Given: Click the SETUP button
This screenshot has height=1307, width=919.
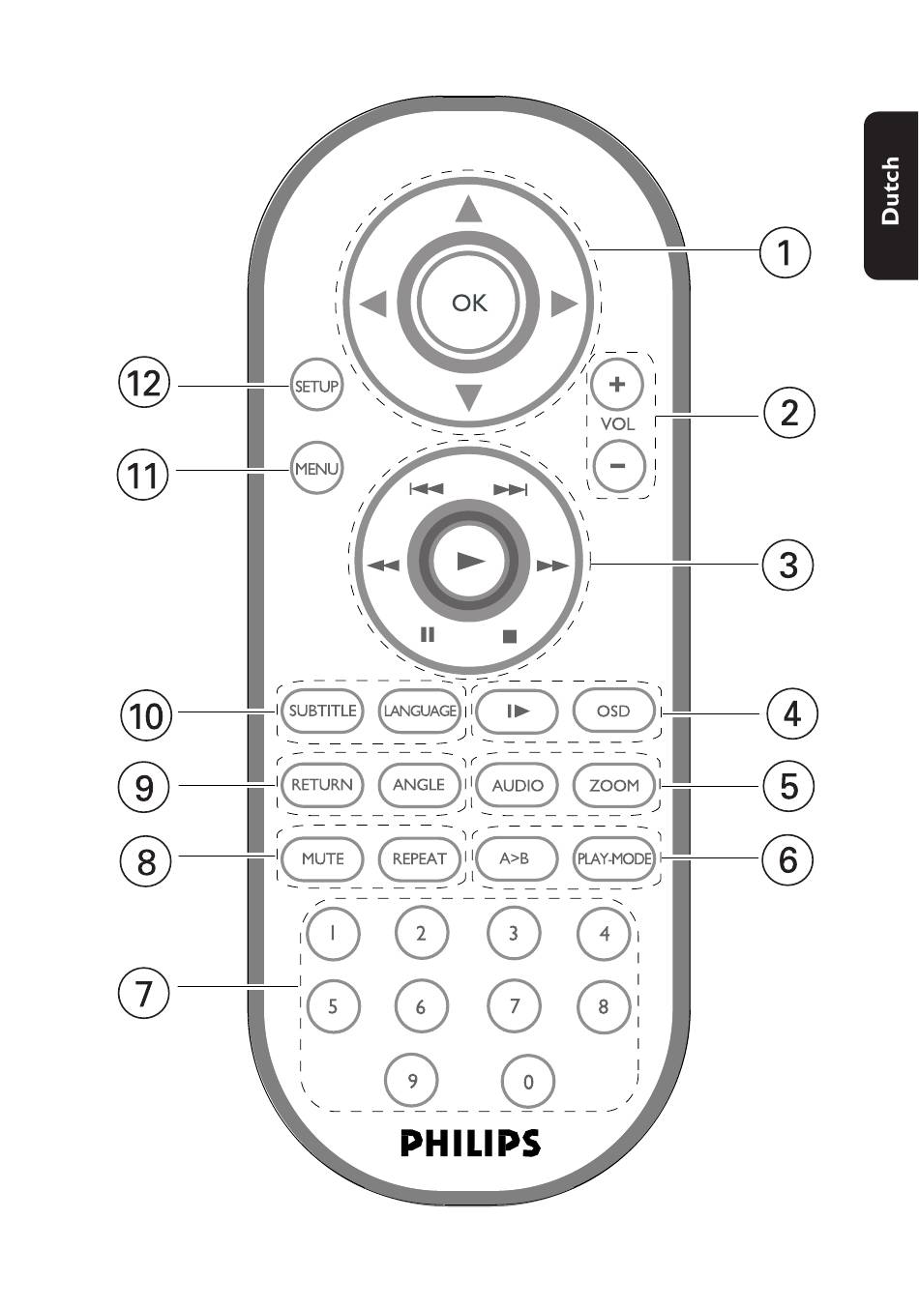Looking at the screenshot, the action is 316,386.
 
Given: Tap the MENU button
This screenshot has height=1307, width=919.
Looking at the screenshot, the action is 316,468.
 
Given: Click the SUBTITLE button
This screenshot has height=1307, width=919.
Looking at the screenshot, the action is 322,711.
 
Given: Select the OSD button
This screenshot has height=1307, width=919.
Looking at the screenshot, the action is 613,711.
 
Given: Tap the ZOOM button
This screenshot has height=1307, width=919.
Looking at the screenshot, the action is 613,785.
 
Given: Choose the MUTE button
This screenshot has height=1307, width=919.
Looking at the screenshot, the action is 322,858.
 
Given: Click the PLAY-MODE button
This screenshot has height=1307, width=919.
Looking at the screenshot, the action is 613,858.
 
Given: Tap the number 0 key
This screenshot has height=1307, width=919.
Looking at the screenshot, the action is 528,1082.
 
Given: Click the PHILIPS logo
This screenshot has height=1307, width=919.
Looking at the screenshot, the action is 470,1143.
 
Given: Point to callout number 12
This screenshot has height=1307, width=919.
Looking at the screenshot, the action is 143,385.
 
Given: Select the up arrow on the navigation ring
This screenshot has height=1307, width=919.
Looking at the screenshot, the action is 469,210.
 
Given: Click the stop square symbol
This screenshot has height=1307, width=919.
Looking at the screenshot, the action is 510,636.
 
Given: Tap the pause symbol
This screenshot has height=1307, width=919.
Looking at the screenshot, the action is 428,635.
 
